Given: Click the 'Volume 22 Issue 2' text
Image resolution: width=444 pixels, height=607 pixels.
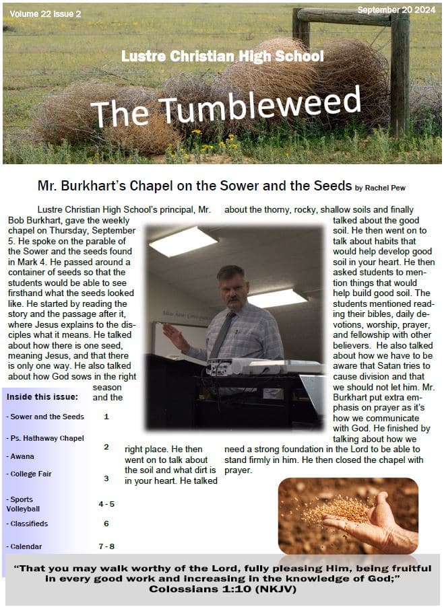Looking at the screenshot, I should [41, 13].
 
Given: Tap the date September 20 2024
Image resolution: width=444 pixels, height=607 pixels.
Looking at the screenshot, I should [396, 10].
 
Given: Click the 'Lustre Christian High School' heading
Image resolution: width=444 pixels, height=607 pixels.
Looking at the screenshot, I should [222, 57].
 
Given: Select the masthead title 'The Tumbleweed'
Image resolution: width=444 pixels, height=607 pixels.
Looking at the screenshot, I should [226, 106].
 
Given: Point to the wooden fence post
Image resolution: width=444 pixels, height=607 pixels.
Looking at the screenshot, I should [400, 74].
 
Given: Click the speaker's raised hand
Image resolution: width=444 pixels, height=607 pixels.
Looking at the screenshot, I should [175, 334].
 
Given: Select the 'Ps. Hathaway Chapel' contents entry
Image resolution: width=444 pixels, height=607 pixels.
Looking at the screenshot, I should [45, 438].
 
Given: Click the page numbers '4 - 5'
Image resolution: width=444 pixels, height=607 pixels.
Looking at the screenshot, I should [106, 503].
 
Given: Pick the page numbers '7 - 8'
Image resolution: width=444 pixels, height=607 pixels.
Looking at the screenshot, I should [106, 546].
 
